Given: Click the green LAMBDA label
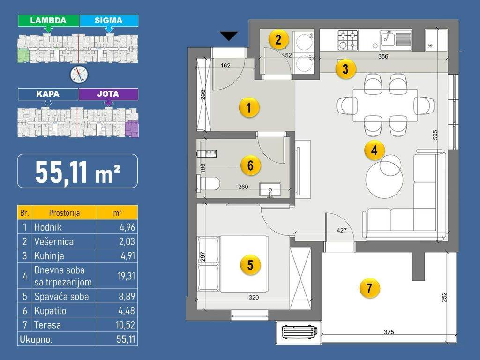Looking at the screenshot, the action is [48, 21].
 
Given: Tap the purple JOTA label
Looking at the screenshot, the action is [108, 94].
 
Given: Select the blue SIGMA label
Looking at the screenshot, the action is [109, 21].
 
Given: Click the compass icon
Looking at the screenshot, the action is [79, 75].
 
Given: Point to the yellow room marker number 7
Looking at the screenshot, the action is [369, 288].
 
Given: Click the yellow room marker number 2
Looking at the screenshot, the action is [278, 39].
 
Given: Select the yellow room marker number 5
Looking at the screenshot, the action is [250, 265].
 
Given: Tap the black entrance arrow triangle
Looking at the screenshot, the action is [229, 36].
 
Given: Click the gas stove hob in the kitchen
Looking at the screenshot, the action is [348, 40].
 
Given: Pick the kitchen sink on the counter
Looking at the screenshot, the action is [396, 40].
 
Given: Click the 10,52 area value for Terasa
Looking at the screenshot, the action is [126, 325].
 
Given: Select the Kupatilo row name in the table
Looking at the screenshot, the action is [50, 311].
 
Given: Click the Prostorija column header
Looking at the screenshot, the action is [64, 213].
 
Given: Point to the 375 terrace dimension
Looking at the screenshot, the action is [389, 332].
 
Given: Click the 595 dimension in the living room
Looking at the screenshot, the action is [435, 135].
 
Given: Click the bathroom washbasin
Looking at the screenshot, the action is [270, 189].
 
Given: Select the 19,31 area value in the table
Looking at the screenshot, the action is [126, 276].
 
